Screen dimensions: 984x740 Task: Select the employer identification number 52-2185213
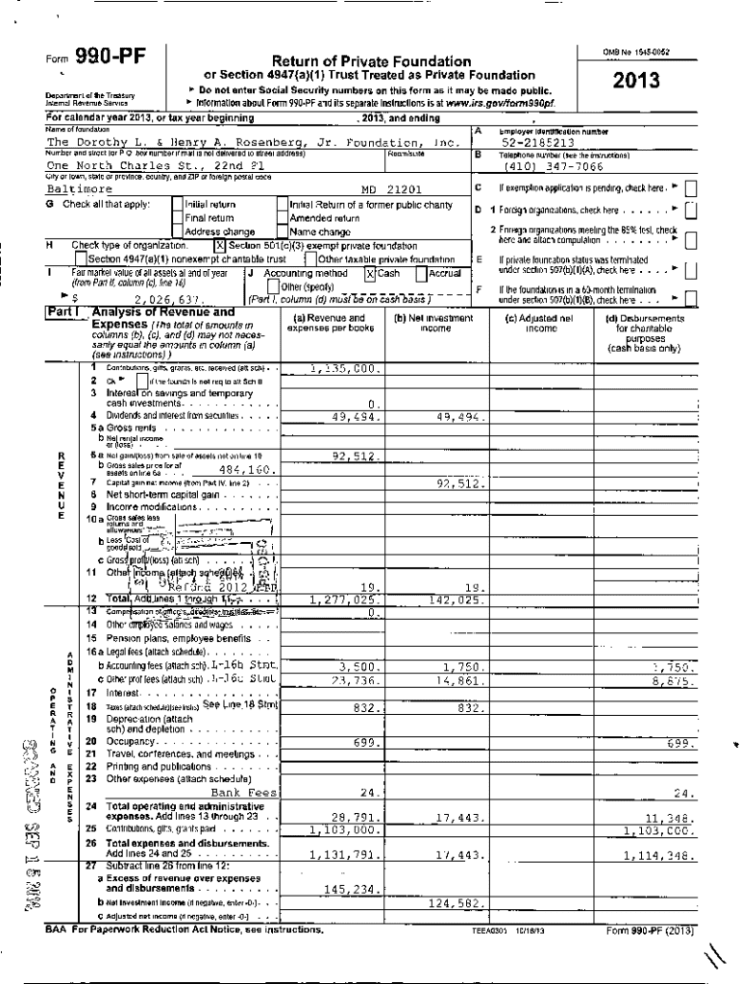tap(537, 142)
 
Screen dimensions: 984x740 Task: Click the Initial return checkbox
tap(177, 204)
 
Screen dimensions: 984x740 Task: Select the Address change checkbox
tap(177, 232)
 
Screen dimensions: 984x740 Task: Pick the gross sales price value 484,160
tap(247, 470)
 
